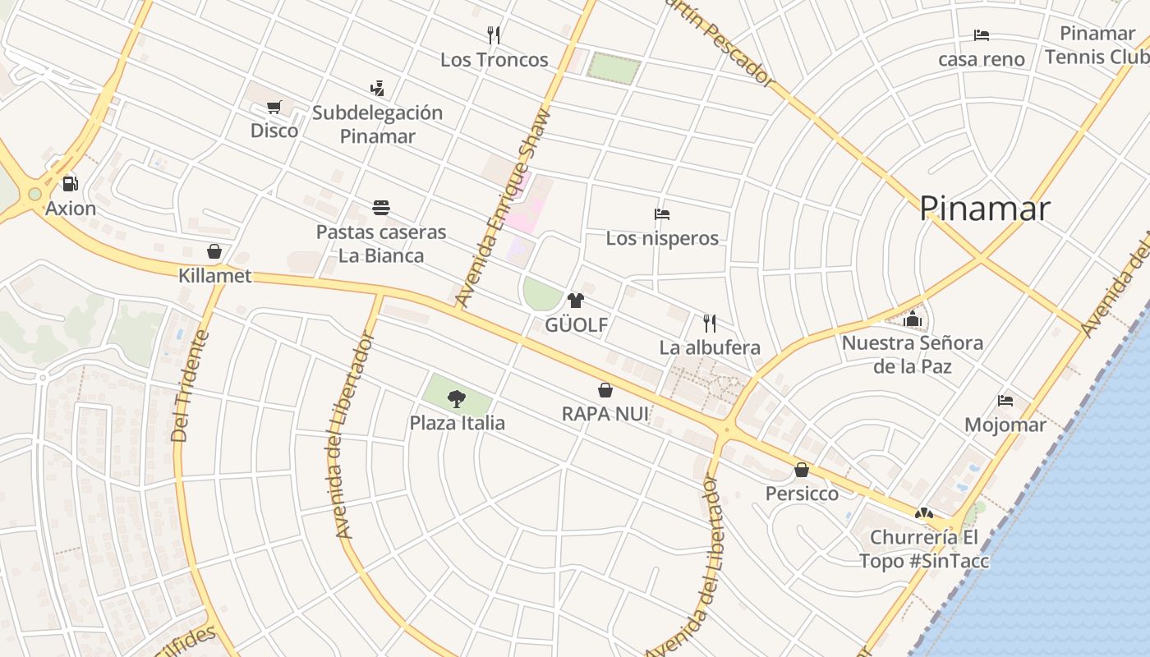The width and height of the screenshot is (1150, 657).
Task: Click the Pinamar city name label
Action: tap(984, 209)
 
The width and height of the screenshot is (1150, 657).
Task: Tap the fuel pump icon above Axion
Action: tap(71, 184)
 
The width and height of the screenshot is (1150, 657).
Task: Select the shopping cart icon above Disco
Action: tap(274, 107)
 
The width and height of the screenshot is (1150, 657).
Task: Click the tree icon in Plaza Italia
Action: tap(457, 399)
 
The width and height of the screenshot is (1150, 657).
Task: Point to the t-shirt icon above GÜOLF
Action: tap(576, 301)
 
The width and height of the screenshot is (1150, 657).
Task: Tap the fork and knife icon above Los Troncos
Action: tap(494, 35)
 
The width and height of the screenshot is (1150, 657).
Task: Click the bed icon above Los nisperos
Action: tap(662, 214)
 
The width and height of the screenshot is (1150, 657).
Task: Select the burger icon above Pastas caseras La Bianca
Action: tap(381, 208)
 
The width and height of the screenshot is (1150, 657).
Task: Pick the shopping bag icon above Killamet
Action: tap(214, 251)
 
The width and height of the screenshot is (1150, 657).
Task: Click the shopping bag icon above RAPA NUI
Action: tap(605, 390)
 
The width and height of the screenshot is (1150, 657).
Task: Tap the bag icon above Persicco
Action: tap(802, 470)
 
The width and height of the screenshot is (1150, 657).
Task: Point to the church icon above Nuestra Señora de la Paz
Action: tap(913, 319)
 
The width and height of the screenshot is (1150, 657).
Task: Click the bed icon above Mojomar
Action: tap(1005, 401)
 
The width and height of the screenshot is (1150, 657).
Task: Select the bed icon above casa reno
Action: tap(982, 35)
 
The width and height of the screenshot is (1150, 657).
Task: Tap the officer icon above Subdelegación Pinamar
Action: tap(378, 88)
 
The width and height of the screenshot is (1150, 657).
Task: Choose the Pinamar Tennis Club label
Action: tap(1097, 45)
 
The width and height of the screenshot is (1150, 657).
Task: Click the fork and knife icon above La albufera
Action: tap(710, 323)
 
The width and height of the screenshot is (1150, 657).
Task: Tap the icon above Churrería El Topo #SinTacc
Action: tap(924, 513)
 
